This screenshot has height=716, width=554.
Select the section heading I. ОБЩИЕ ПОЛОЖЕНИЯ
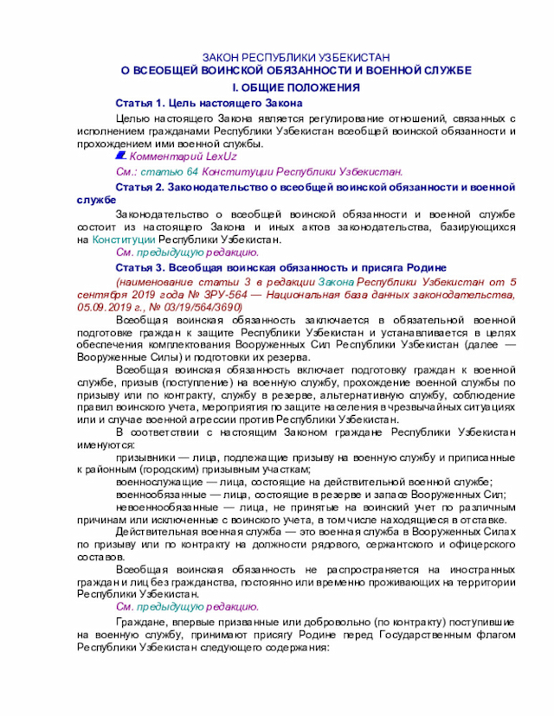(x=295, y=88)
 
